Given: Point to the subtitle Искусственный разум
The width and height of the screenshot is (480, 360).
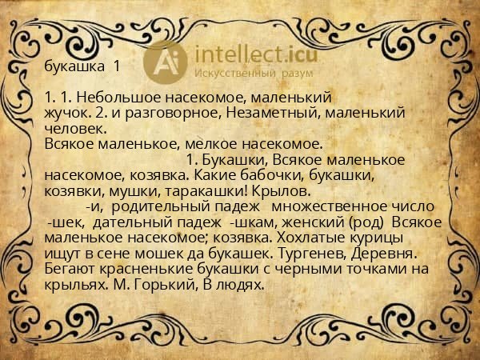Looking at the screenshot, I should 242,74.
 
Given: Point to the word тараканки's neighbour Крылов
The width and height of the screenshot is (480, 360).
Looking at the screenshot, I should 280,190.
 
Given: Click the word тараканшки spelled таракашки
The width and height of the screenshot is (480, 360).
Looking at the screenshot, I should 206,190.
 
